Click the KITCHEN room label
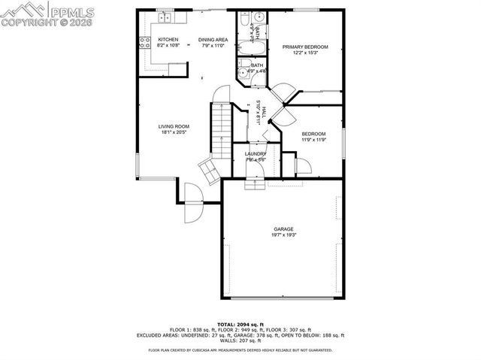168,39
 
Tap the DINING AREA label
213,39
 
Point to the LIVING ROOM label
173,126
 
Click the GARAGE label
283,229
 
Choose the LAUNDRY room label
256,153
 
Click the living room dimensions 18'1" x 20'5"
173,132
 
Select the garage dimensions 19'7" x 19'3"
283,235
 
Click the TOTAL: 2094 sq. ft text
240,323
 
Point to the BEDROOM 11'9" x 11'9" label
314,136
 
